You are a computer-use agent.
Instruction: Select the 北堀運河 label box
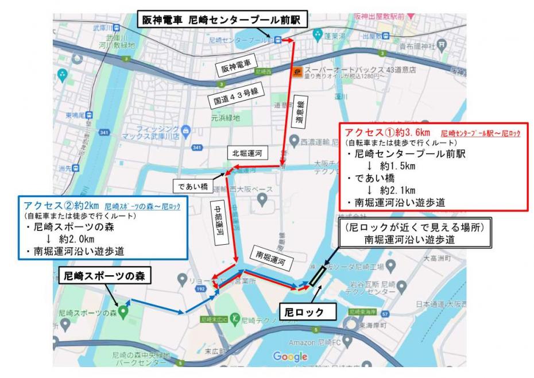[246, 154]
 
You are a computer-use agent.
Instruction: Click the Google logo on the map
[291, 357]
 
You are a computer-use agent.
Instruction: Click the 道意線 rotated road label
[303, 113]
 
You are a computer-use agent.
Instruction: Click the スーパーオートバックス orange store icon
[297, 72]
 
